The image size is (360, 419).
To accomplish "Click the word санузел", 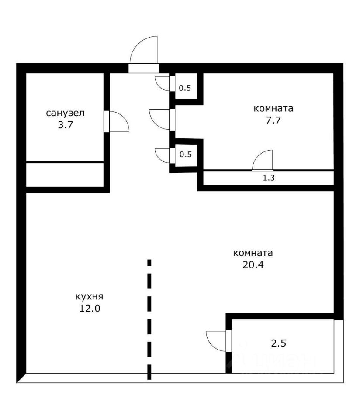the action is (x=65, y=113).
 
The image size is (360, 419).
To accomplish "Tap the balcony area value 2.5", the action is (x=279, y=344).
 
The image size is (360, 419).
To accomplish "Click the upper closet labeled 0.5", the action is (x=185, y=88).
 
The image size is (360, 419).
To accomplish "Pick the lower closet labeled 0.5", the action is (x=185, y=154).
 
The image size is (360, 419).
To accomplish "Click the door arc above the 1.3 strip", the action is (x=263, y=160).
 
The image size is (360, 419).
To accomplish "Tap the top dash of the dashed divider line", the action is (x=149, y=262).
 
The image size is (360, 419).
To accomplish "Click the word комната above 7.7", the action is (x=273, y=109).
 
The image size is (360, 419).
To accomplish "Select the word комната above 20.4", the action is (x=253, y=253).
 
